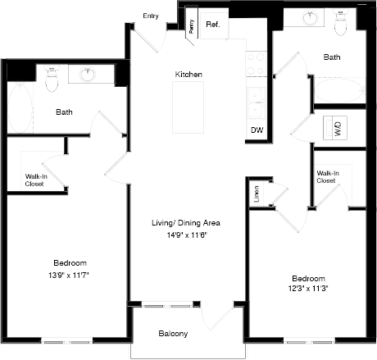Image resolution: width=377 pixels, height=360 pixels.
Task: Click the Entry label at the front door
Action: [x=150, y=16]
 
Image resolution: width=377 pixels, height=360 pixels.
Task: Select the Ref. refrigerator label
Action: [x=213, y=25]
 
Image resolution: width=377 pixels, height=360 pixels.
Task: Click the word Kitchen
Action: [x=188, y=75]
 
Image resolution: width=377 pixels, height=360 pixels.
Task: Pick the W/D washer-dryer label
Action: [x=338, y=129]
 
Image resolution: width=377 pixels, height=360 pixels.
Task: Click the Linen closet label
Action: [x=257, y=194]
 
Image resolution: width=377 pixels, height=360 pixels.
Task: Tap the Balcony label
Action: [x=173, y=333]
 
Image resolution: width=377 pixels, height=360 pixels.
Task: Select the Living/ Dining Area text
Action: [x=186, y=223]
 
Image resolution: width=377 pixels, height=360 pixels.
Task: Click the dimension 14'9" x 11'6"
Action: [x=186, y=235]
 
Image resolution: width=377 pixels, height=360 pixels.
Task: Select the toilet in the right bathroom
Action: [x=343, y=24]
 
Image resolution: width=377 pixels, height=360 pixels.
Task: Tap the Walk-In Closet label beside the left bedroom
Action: [x=34, y=180]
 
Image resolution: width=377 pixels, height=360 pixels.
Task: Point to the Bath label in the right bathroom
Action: [x=332, y=57]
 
